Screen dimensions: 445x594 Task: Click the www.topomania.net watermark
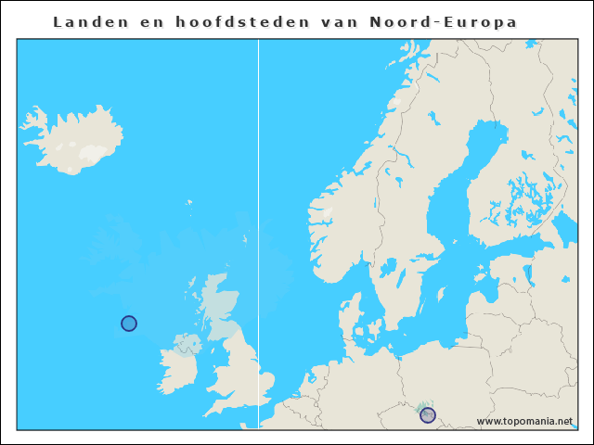click(x=524, y=421)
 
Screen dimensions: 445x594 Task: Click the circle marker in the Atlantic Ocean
click(x=129, y=324)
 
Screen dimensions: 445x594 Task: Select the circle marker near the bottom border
click(x=428, y=415)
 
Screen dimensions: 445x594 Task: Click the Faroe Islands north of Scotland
click(x=188, y=202)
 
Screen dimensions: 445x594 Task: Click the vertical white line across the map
click(x=258, y=232)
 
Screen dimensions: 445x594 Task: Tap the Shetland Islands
click(x=245, y=239)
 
